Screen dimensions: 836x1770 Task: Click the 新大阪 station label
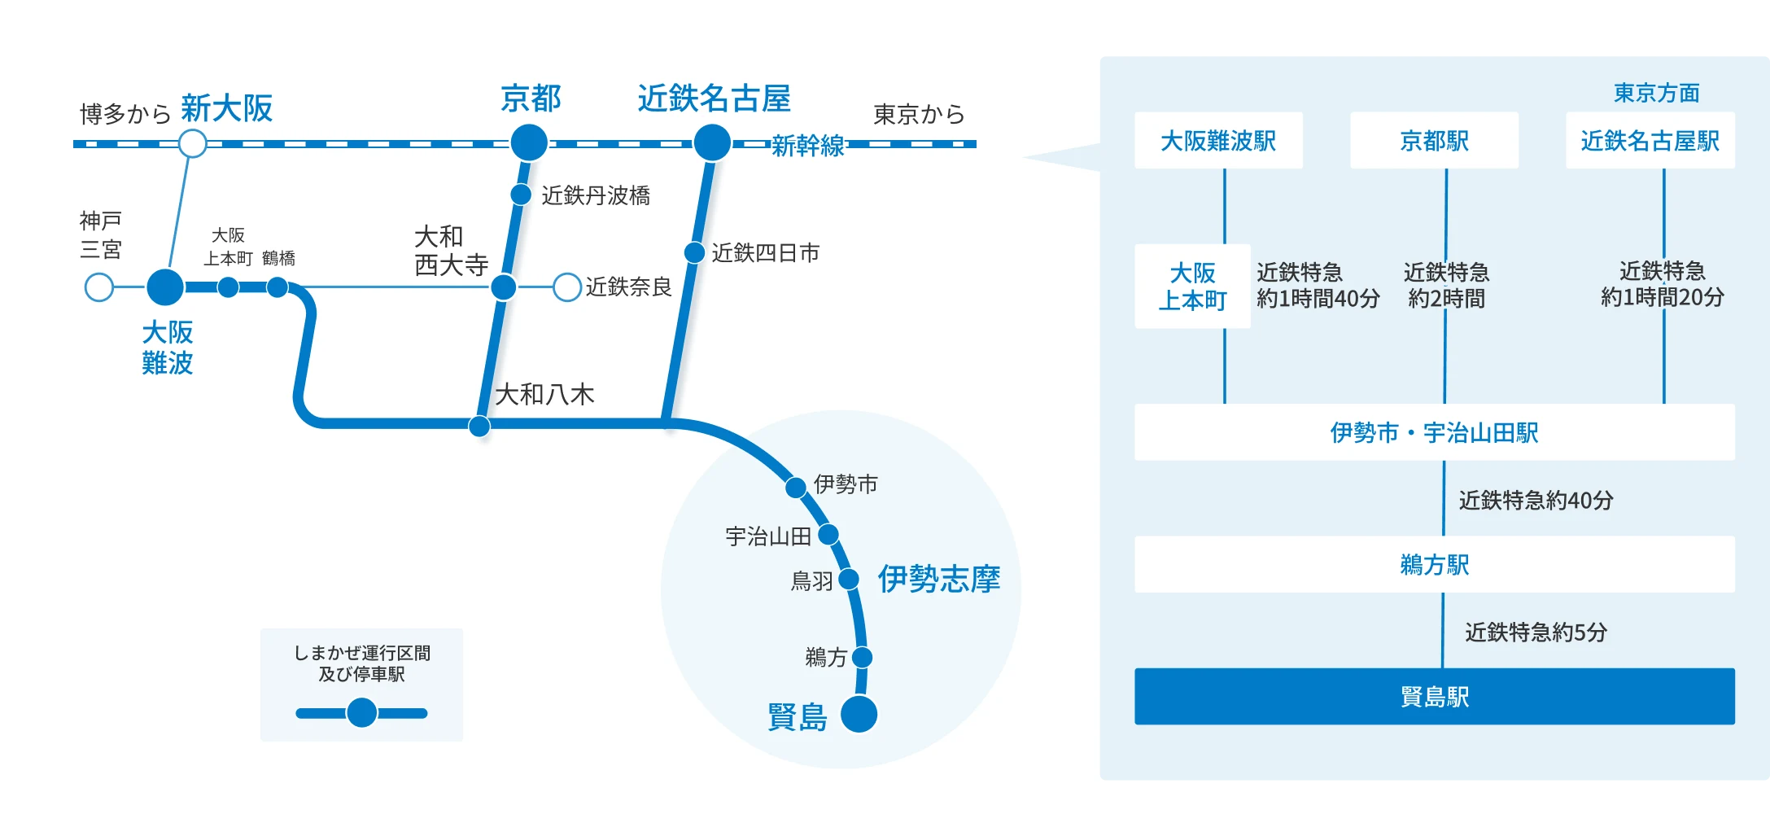[x=226, y=108]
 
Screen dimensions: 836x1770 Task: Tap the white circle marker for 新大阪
[x=192, y=144]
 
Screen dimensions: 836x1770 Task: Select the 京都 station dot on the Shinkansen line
[x=529, y=143]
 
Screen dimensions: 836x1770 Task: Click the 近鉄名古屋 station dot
[x=712, y=143]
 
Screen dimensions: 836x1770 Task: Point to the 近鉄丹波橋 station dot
[x=521, y=195]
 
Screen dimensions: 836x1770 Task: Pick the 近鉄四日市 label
[x=765, y=253]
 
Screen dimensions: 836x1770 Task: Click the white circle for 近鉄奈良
[x=566, y=287]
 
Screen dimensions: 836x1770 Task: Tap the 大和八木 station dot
[x=479, y=426]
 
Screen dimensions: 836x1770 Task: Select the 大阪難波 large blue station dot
[x=165, y=287]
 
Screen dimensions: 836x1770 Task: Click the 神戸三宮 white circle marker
[x=99, y=287]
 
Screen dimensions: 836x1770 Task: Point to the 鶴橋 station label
[x=278, y=259]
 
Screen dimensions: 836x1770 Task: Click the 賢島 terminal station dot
[x=859, y=715]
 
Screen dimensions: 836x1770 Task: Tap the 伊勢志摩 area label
[x=938, y=580]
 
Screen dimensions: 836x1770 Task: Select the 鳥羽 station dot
[x=849, y=580]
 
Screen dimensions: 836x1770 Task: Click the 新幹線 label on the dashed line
[x=807, y=146]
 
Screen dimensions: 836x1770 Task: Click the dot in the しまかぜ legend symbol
[x=361, y=713]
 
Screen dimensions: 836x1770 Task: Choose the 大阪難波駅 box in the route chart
[x=1218, y=141]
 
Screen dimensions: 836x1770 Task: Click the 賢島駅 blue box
[x=1434, y=697]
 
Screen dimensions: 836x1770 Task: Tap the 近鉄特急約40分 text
[x=1536, y=500]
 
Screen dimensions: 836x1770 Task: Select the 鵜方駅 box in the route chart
[x=1434, y=564]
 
